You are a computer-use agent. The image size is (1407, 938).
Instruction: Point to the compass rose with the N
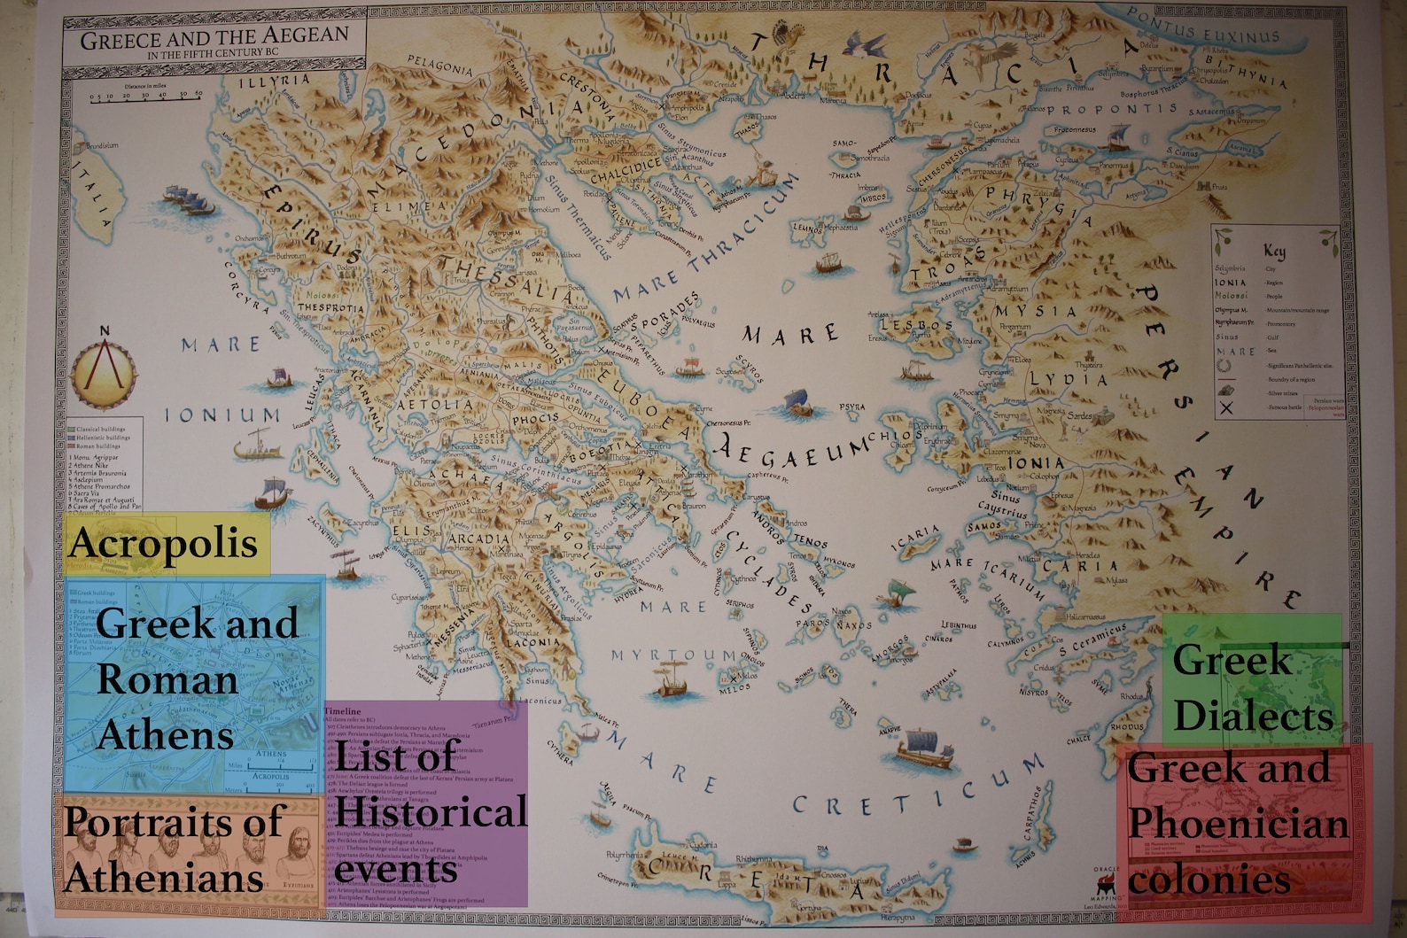pyautogui.click(x=105, y=373)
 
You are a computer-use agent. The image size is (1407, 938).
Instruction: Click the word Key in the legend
pyautogui.click(x=1274, y=251)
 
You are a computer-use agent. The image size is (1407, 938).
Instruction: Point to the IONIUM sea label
pyautogui.click(x=222, y=415)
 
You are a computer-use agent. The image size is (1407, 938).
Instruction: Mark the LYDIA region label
pyautogui.click(x=1068, y=379)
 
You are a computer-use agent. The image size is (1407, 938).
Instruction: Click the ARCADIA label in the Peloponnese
pyautogui.click(x=478, y=538)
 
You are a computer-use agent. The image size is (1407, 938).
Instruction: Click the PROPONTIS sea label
pyautogui.click(x=1112, y=109)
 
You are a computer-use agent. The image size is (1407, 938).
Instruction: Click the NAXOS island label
pyautogui.click(x=854, y=624)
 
